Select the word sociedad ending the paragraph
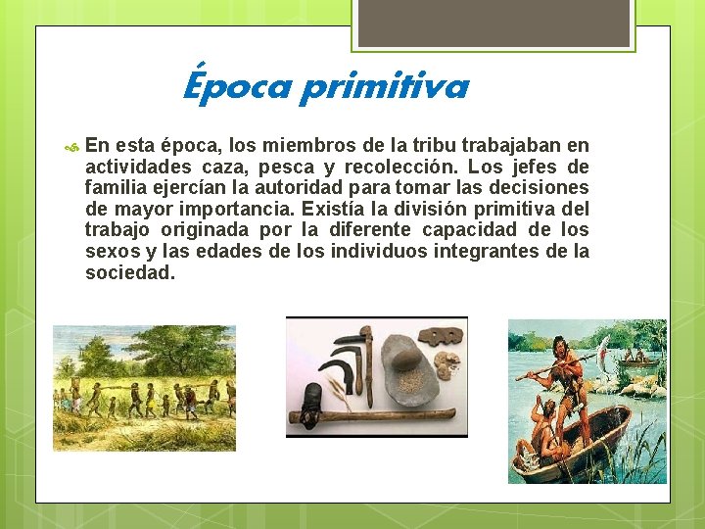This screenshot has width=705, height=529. point(129,272)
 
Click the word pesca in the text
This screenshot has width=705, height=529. point(285,168)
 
